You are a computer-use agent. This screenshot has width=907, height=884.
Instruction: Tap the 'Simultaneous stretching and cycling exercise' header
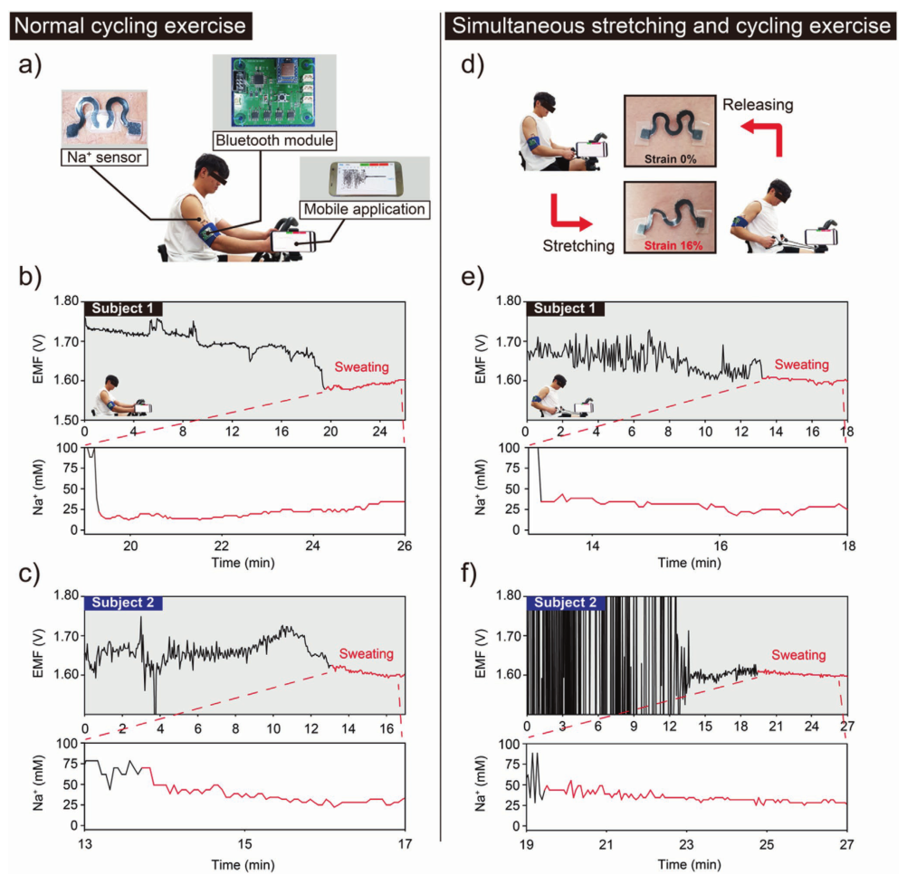671,25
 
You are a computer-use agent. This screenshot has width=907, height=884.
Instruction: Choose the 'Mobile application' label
365,210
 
